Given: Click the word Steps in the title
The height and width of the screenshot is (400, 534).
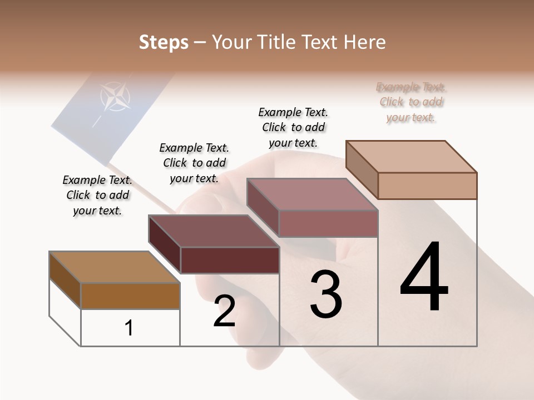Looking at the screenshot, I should click(164, 42).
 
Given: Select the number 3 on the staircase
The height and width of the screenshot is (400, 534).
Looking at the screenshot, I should click(325, 294).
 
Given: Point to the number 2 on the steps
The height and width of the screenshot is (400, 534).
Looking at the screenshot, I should click(224, 312).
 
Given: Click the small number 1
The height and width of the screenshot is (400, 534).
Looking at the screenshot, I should click(129, 328).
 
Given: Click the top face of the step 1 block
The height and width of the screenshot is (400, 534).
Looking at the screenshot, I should click(115, 267).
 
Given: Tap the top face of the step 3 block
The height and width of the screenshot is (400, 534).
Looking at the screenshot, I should click(313, 194).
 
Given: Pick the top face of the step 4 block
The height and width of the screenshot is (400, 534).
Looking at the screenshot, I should click(412, 157).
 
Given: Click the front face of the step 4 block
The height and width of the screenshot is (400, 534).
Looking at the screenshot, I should click(427, 186).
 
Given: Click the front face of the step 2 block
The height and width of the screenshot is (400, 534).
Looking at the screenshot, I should click(230, 260).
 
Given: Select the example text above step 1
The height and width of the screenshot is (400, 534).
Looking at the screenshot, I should click(97, 195).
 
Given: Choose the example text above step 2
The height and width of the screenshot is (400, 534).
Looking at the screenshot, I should click(194, 163).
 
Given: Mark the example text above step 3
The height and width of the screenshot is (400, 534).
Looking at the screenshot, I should click(293, 127).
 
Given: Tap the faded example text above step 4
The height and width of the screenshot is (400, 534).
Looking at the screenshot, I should click(411, 102).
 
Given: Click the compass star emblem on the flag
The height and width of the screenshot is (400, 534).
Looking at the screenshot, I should click(115, 97).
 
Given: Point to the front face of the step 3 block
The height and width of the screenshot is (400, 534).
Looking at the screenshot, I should click(328, 223).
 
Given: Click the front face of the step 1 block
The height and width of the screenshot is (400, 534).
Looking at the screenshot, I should click(130, 296).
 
